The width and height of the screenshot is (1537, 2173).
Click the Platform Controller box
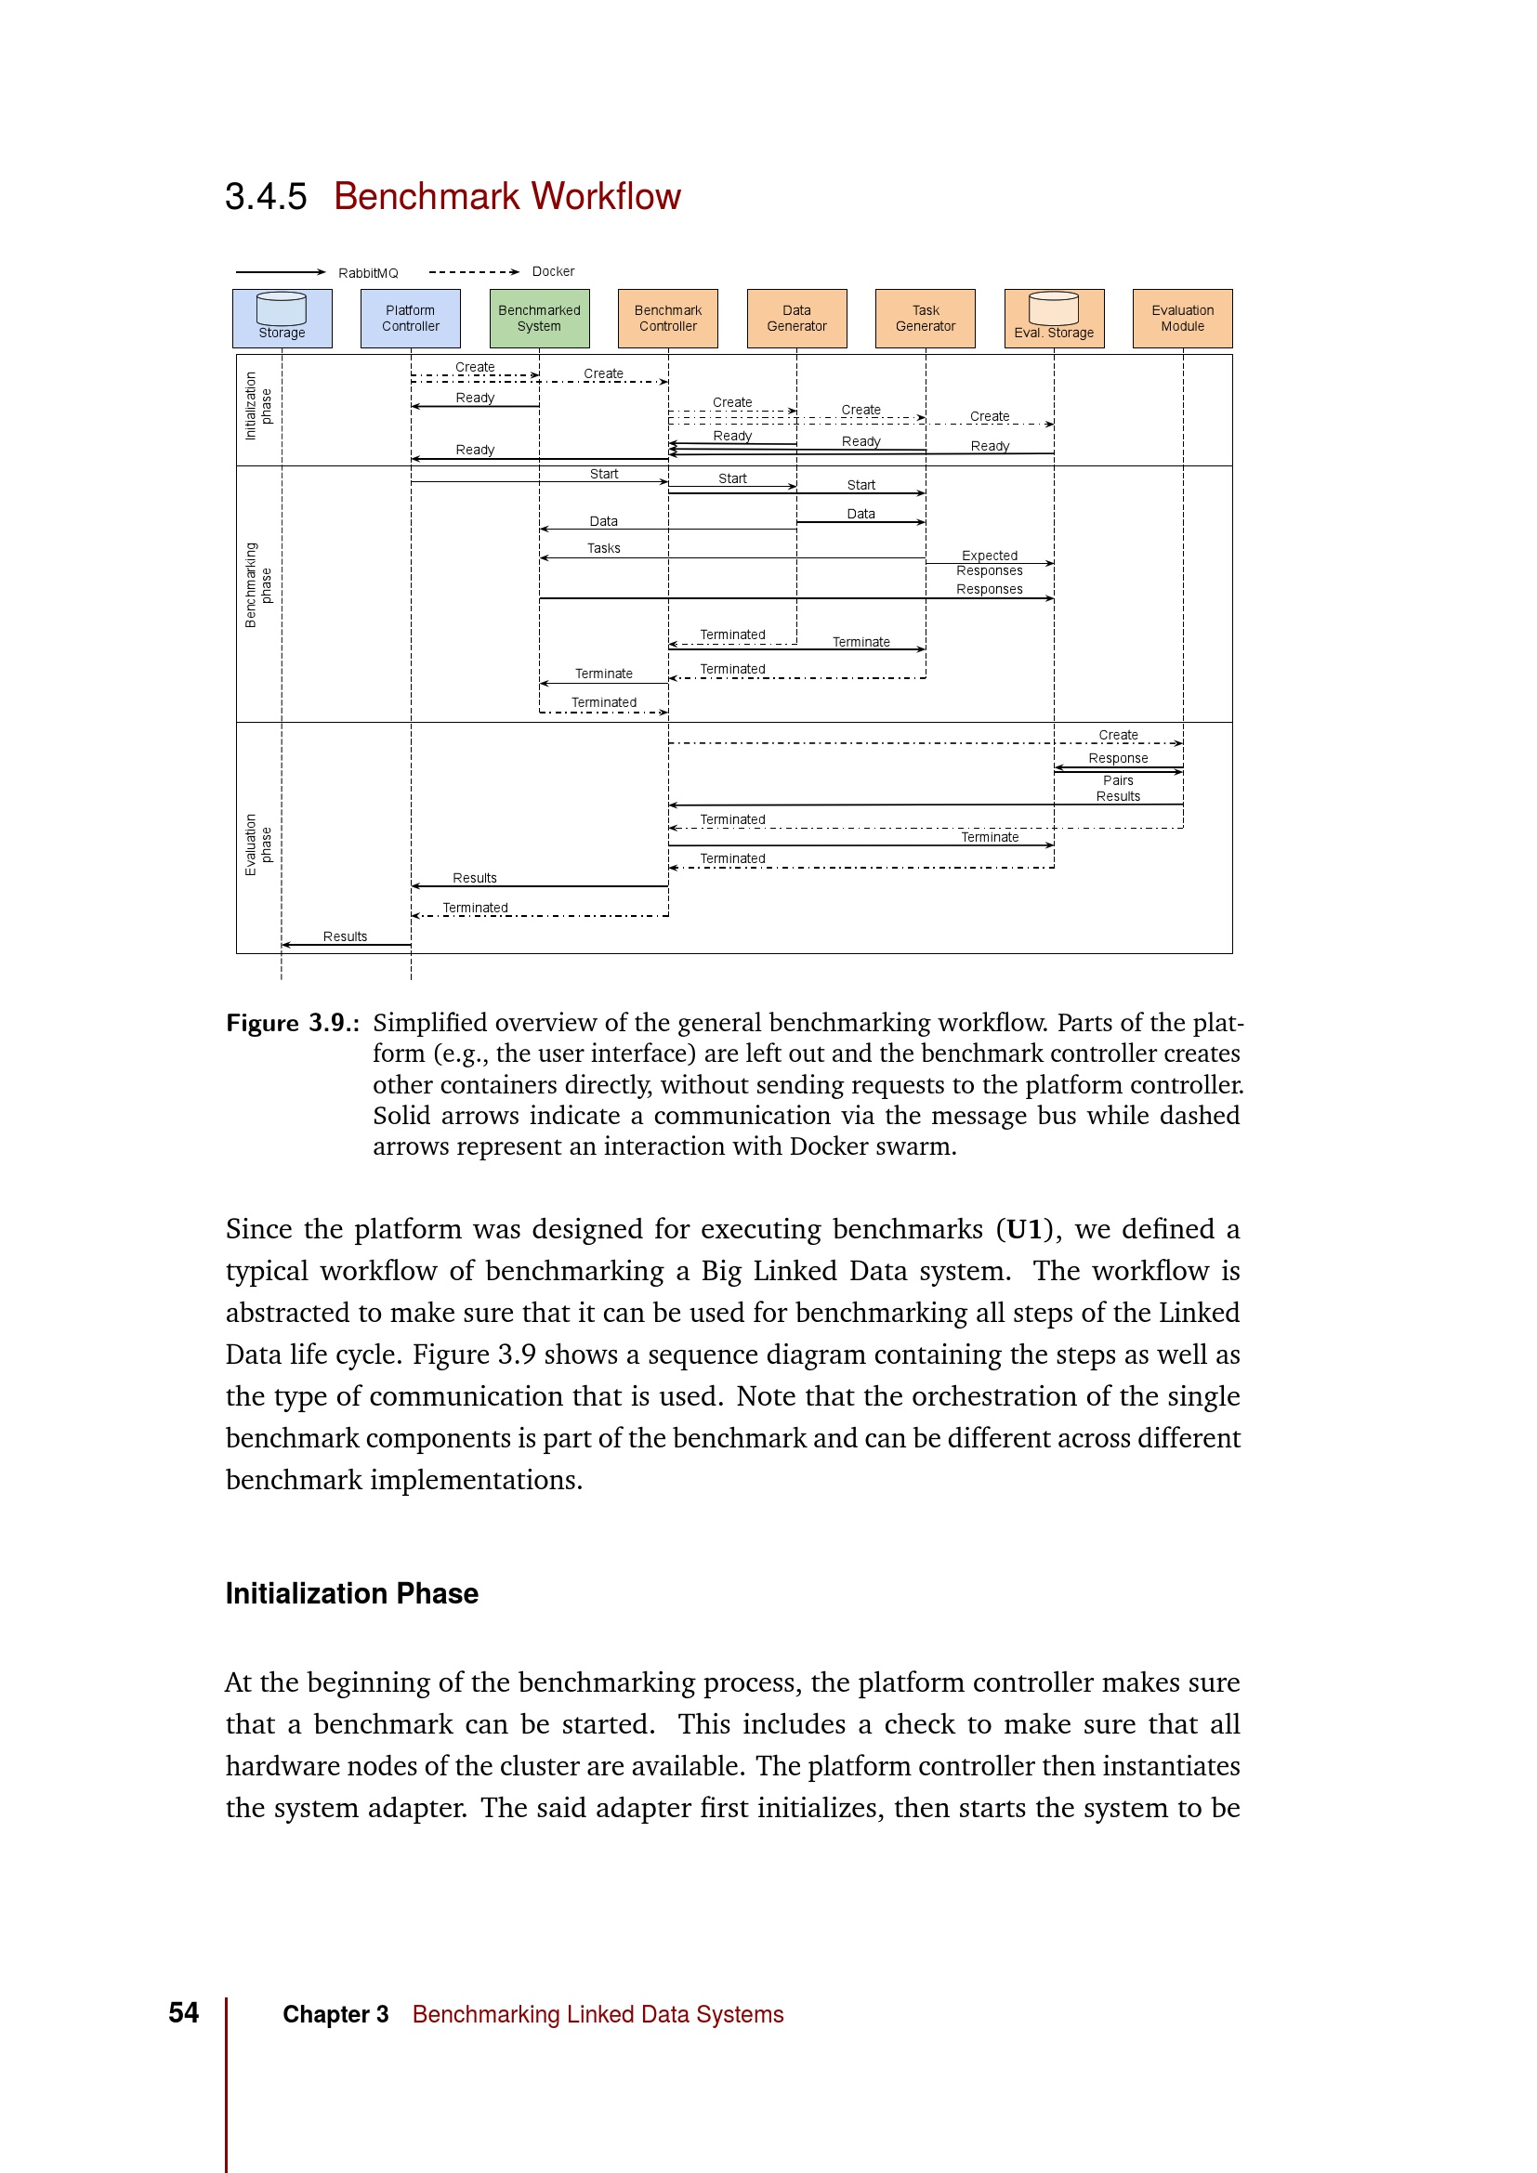(410, 318)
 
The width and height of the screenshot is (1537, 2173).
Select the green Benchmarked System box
(540, 318)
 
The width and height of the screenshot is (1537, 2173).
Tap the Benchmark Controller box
(667, 318)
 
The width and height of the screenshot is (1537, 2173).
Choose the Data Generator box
(796, 318)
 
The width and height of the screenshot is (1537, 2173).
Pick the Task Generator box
(925, 318)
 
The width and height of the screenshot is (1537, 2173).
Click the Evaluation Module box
(1182, 318)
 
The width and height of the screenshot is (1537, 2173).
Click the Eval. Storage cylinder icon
(1054, 308)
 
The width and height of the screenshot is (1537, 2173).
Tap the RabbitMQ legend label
(368, 272)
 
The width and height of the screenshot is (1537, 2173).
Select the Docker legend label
(553, 271)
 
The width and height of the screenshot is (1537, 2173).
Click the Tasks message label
(603, 548)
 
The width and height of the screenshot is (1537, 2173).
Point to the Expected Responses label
(989, 563)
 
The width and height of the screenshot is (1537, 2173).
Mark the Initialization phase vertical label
(257, 406)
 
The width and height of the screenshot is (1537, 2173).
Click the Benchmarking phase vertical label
(257, 585)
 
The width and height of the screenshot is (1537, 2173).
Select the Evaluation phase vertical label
(257, 844)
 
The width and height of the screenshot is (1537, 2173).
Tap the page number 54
(184, 2011)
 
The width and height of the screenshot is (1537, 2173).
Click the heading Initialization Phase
(351, 1593)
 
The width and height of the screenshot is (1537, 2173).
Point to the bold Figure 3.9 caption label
(292, 1023)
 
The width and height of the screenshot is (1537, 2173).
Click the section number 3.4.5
(266, 197)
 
